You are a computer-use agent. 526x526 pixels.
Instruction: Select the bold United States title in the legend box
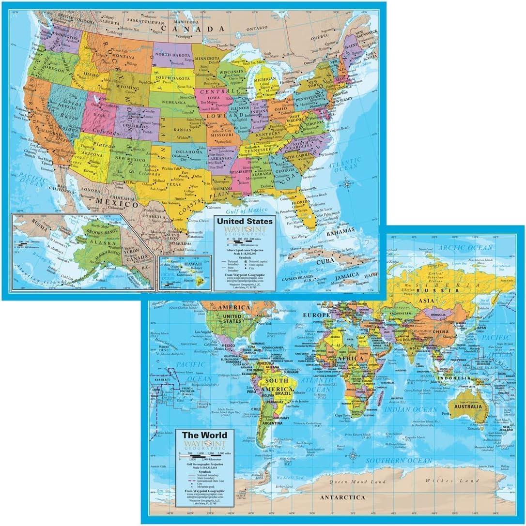[x=245, y=221]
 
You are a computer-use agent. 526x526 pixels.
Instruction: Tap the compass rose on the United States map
[x=346, y=184]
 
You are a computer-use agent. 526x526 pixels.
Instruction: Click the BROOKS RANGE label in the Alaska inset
[x=103, y=230]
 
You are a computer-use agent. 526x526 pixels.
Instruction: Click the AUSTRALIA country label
[x=467, y=406]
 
